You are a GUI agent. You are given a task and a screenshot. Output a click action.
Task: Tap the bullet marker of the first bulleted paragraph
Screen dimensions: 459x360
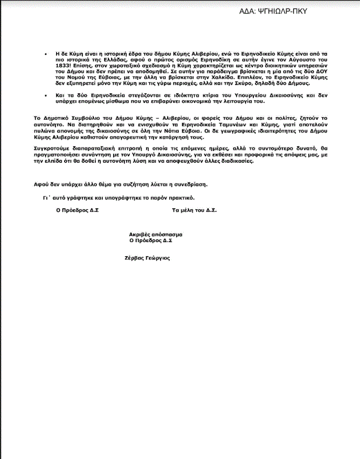point(46,55)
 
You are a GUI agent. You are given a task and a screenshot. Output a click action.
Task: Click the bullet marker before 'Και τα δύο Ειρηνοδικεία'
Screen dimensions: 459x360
point(46,93)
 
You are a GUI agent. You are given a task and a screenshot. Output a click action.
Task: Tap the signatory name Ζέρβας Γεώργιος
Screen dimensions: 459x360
point(147,258)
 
